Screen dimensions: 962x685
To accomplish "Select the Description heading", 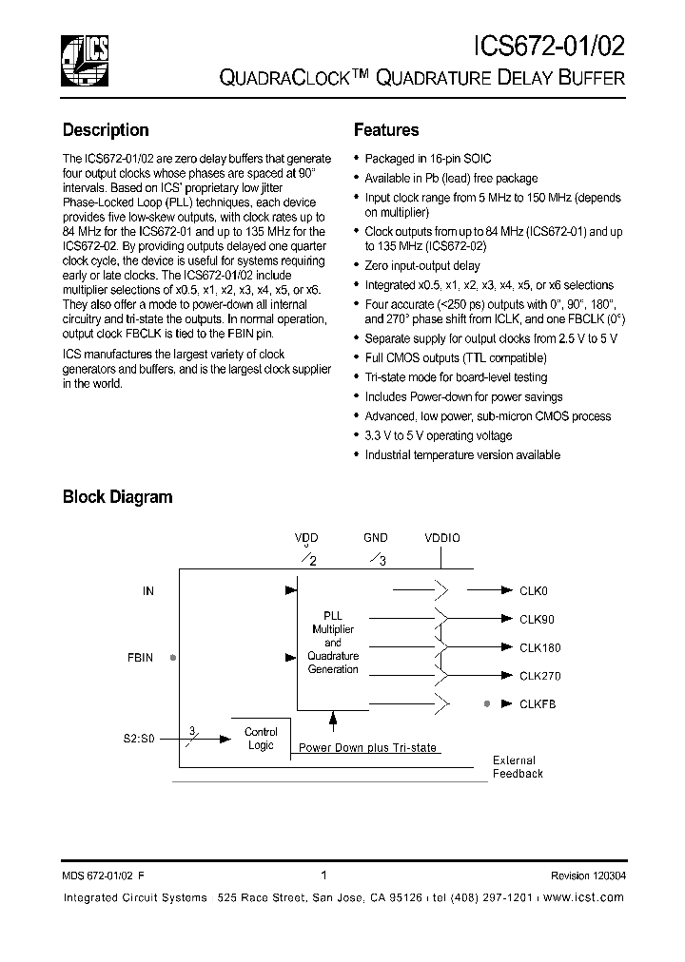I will click(106, 130).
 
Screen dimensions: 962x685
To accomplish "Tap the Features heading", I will click(386, 130).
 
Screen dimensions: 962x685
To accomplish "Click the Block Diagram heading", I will click(117, 496).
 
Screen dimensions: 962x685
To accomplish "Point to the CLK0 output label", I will click(533, 590).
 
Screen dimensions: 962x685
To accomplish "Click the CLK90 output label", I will click(536, 619).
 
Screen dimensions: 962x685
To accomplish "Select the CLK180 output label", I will click(539, 647).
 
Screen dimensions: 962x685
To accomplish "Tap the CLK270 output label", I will click(539, 676).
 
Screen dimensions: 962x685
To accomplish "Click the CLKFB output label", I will click(537, 704).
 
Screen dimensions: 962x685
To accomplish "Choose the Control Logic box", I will click(261, 739).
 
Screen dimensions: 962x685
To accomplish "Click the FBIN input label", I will click(140, 657).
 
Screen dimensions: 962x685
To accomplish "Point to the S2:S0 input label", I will click(140, 739).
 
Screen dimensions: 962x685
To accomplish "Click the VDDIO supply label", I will click(441, 537).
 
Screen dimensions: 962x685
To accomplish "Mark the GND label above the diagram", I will click(375, 537).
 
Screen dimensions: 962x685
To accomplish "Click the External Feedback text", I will click(517, 767).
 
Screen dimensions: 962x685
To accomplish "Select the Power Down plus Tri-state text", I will click(367, 748).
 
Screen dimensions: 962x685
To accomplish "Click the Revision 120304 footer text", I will click(587, 875).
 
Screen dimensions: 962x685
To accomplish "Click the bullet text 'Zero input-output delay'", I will click(422, 265).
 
